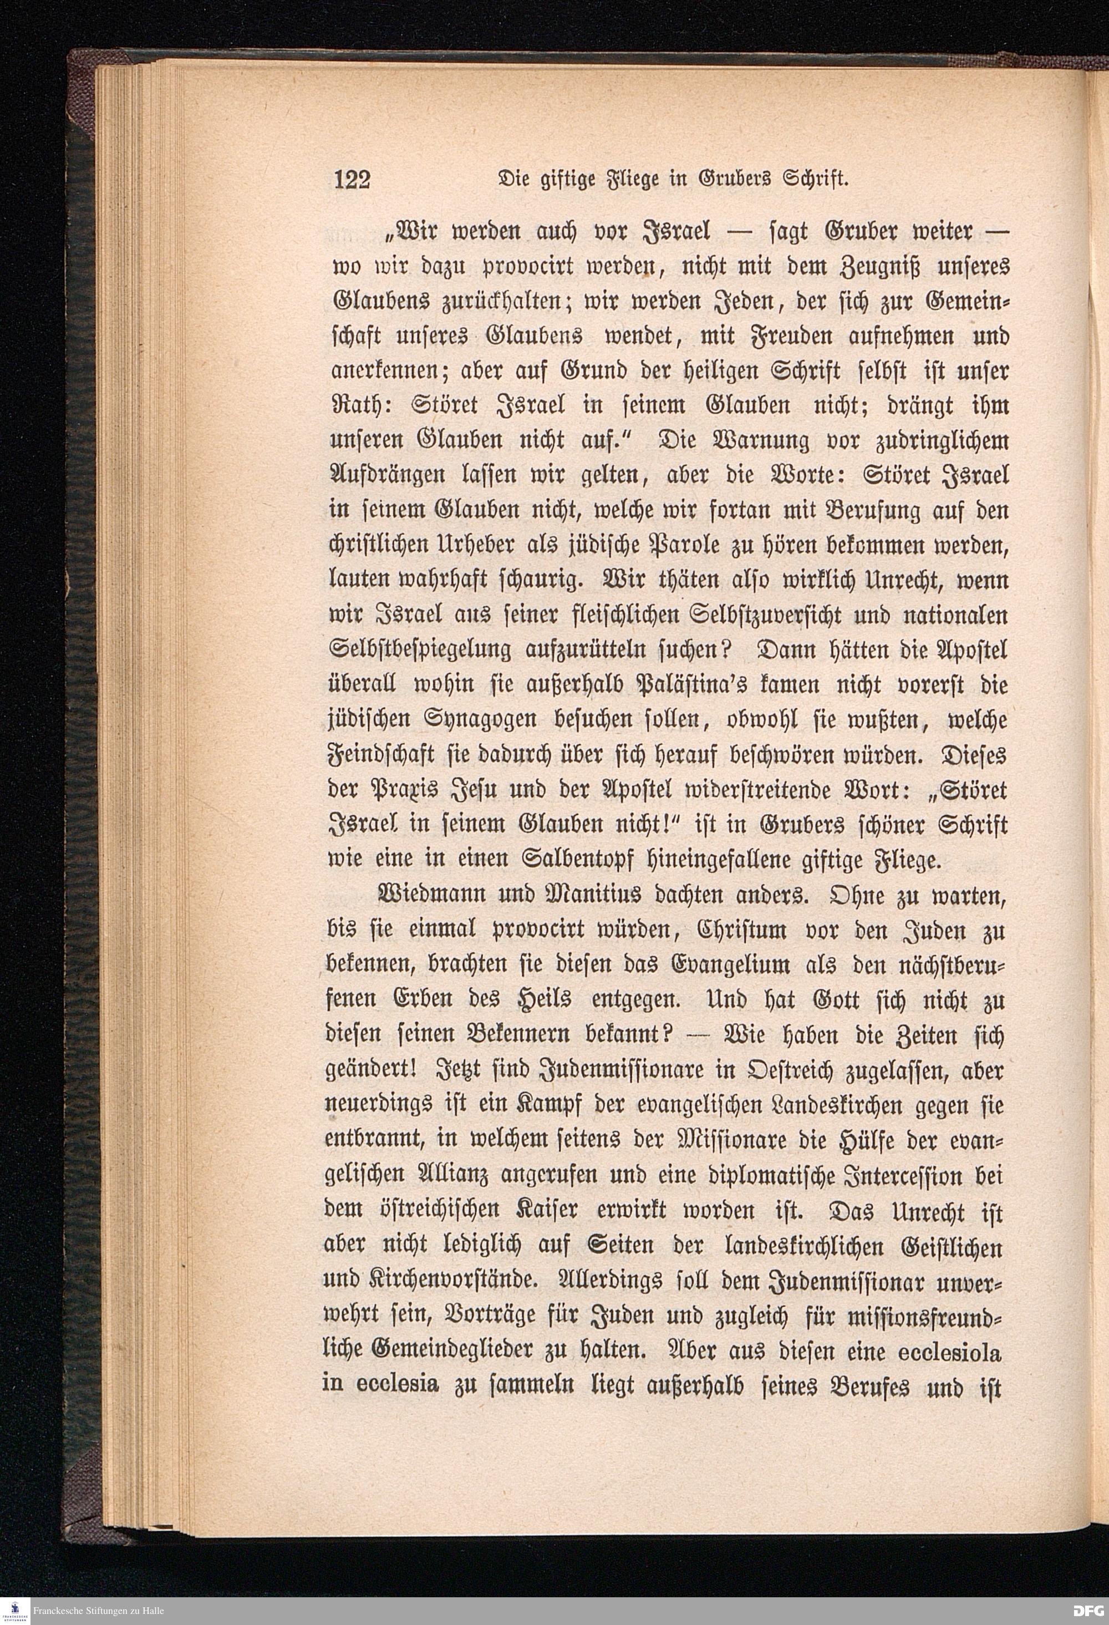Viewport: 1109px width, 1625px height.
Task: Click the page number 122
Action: [351, 179]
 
